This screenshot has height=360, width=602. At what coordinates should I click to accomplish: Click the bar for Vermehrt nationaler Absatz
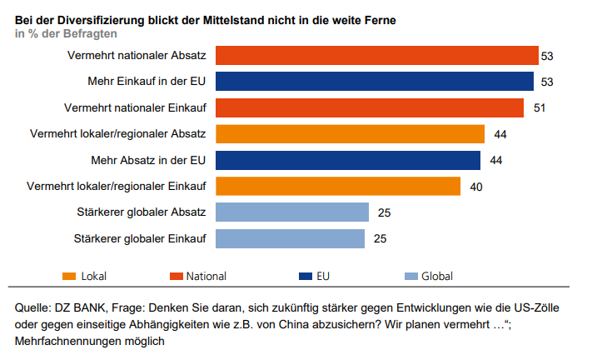pos(376,55)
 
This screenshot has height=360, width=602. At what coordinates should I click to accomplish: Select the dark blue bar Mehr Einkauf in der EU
pos(375,81)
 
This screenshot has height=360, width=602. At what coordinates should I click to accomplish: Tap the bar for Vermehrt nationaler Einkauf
pos(370,107)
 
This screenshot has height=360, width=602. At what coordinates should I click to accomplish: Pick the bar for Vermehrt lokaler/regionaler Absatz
pos(350,133)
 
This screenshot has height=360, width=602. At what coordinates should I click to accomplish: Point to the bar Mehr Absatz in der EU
pos(348,160)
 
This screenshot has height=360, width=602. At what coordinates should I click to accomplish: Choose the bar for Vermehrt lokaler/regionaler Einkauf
pos(338,186)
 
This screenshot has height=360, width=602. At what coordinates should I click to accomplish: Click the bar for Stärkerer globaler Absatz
pos(292,212)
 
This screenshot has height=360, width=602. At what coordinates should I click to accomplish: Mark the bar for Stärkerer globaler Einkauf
pos(291,238)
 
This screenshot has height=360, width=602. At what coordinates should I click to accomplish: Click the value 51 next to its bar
pos(540,107)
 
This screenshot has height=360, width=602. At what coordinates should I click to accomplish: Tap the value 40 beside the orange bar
pos(476,186)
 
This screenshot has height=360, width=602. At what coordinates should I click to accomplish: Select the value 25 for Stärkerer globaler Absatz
pos(384,212)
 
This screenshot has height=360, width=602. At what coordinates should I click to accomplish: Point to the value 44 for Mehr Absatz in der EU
pos(496,160)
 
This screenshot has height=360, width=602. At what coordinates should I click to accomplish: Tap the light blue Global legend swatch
pos(409,276)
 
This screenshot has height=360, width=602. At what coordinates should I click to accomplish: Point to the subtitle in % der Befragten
pos(66,33)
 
